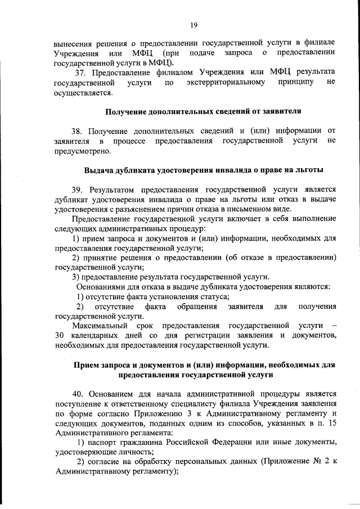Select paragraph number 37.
point(80,73)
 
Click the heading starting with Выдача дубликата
point(196,170)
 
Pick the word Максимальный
point(101,326)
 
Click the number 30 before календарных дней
point(60,336)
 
